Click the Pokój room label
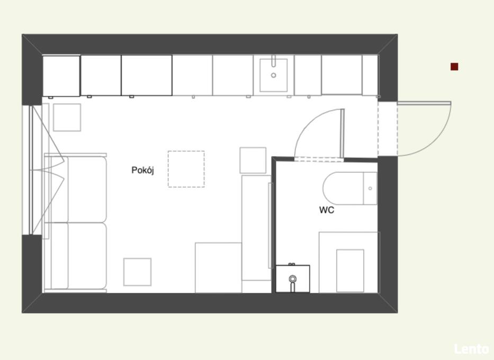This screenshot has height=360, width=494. point(143,170)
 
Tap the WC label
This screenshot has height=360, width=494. point(327,210)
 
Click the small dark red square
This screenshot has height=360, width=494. point(454,67)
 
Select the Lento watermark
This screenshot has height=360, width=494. point(471,349)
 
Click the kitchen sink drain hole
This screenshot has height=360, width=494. point(273,75)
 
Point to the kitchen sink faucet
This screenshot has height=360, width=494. point(273,61)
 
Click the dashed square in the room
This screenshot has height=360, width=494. point(186,169)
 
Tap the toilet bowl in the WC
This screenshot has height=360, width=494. point(343,188)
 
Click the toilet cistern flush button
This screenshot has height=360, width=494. point(370,188)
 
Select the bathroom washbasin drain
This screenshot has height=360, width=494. point(293,278)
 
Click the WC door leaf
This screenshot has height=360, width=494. point(343,133)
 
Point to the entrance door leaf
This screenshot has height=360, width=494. point(424,103)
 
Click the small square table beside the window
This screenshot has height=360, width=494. point(67,118)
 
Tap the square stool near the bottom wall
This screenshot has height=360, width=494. point(137,272)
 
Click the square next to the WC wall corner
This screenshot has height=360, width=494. point(253,160)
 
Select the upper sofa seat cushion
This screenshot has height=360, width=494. point(87,190)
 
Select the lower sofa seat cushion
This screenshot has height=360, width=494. point(87,256)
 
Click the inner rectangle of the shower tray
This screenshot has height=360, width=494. point(351,271)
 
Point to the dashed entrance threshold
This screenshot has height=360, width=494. point(388,129)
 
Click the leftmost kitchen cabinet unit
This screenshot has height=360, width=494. point(61,76)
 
